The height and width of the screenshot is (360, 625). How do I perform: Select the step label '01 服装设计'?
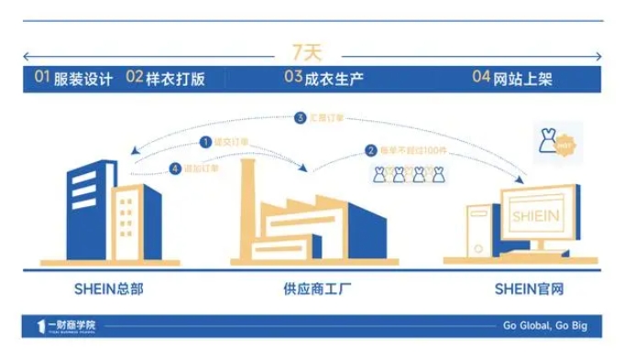click(x=72, y=79)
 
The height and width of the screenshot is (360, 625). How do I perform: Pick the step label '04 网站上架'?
click(x=513, y=79)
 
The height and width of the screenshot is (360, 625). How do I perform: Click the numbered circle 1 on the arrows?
click(x=205, y=141)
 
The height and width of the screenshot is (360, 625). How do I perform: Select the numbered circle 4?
click(x=175, y=168)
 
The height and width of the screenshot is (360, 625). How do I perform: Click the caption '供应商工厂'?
click(x=312, y=289)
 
